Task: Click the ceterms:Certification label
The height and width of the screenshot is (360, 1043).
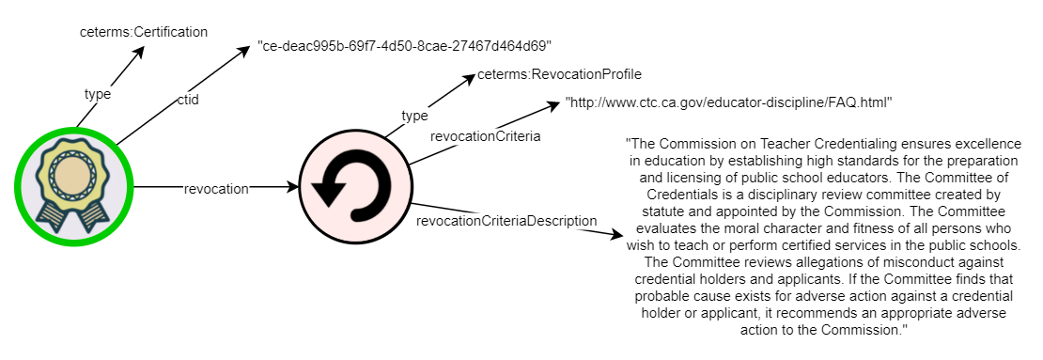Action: [143, 32]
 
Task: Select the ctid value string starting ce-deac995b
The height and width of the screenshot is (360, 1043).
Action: [404, 45]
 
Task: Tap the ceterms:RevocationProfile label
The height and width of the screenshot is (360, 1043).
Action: [559, 74]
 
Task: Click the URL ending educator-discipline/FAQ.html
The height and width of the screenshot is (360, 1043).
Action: [728, 102]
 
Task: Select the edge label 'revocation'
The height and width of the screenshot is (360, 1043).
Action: [216, 188]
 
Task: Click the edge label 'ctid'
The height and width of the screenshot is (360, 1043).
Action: [187, 100]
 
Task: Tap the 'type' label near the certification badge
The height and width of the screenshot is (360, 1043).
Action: [98, 94]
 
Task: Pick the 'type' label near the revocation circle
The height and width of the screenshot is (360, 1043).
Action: [414, 116]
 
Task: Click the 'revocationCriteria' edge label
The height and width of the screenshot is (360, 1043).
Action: [485, 136]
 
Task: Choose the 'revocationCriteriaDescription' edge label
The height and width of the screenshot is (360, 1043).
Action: [506, 221]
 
